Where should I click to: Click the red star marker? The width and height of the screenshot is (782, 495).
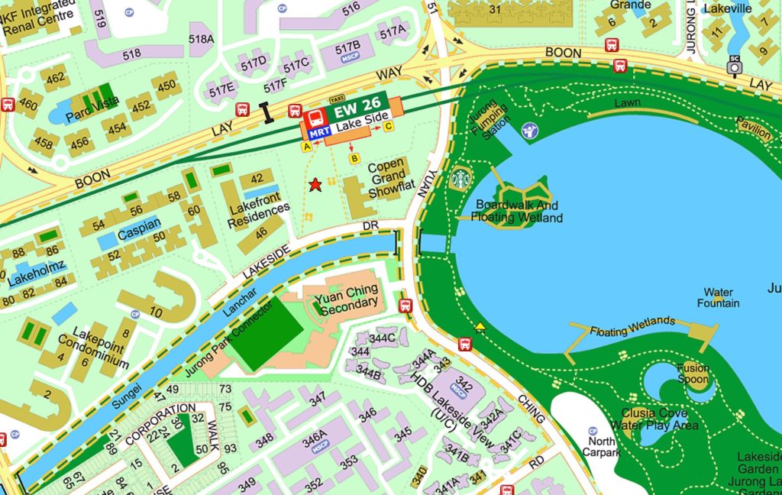click(x=315, y=184)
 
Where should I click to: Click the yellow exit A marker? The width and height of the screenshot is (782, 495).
click(x=307, y=145)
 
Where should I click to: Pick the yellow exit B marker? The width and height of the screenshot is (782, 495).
click(x=354, y=158)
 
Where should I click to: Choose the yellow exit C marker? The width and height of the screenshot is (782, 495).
click(x=388, y=126)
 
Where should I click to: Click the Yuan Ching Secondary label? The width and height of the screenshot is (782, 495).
click(x=349, y=296)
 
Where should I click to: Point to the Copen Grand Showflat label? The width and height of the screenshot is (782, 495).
click(x=388, y=180)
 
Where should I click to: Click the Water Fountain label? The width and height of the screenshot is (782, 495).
click(x=718, y=298)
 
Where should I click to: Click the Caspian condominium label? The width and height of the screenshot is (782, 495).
click(x=139, y=225)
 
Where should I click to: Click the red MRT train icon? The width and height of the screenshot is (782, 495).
click(x=314, y=118)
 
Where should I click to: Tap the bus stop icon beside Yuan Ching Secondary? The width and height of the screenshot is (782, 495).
click(x=406, y=306)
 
